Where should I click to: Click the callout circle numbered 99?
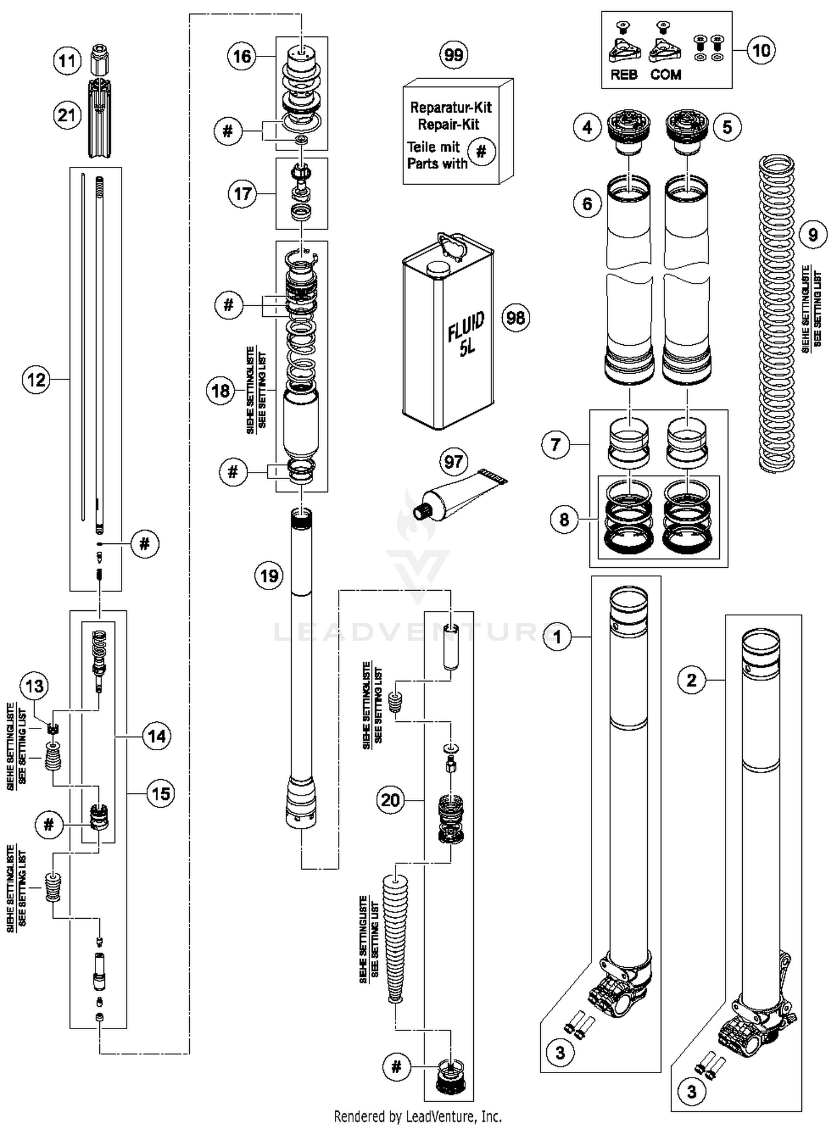pyautogui.click(x=454, y=55)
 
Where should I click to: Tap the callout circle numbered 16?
pyautogui.click(x=242, y=56)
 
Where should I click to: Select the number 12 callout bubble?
pyautogui.click(x=36, y=380)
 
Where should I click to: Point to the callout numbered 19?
pyautogui.click(x=270, y=575)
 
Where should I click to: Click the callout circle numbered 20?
pyautogui.click(x=390, y=800)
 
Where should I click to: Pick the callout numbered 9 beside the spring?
pyautogui.click(x=812, y=235)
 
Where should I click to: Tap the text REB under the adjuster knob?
pyautogui.click(x=623, y=75)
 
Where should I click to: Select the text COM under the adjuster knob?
pyautogui.click(x=666, y=75)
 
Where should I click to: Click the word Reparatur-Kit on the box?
pyautogui.click(x=451, y=107)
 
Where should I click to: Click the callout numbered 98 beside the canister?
pyautogui.click(x=516, y=318)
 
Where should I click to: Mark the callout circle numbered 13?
pyautogui.click(x=35, y=686)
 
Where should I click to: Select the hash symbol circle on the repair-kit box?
pyautogui.click(x=482, y=151)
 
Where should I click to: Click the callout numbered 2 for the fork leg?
pyautogui.click(x=691, y=680)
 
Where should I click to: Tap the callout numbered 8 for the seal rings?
pyautogui.click(x=564, y=519)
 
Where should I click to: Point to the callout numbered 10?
pyautogui.click(x=761, y=50)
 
